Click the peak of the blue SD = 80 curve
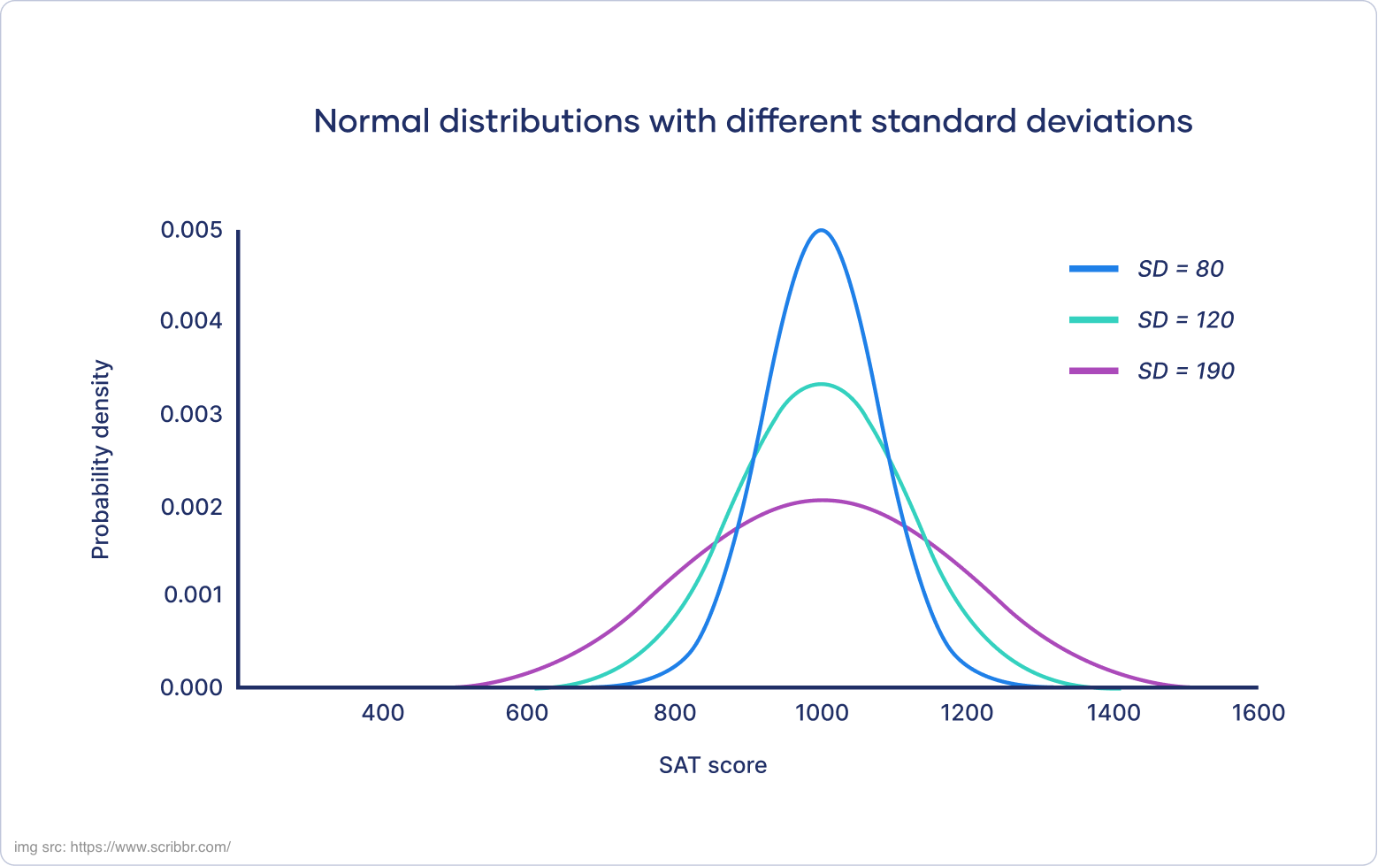pos(822,231)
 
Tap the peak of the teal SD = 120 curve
pos(822,384)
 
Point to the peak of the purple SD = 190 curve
pos(822,501)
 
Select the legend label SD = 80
pos(1180,269)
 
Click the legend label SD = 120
pos(1185,320)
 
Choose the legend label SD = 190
pos(1185,372)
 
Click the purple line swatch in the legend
pos(1094,372)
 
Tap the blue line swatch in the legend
pos(1094,269)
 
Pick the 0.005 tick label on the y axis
pos(191,231)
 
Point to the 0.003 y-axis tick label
pos(191,414)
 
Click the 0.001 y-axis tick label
pos(193,594)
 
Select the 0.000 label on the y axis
pos(191,687)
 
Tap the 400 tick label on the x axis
pos(383,713)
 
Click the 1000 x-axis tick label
pos(822,713)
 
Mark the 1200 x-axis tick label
pos(967,713)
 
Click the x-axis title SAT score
pos(713,765)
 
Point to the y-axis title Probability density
pos(102,459)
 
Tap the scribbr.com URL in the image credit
pos(150,847)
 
